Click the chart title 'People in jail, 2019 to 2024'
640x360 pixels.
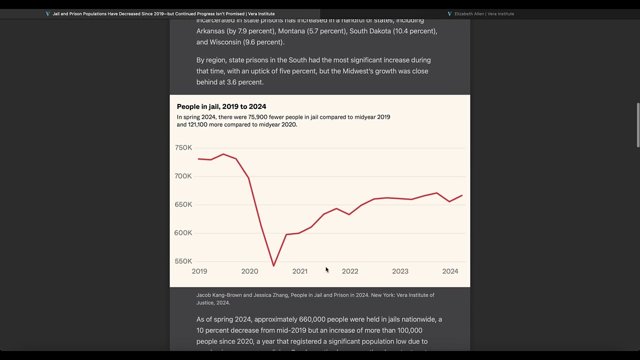point(221,106)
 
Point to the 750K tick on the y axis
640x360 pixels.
point(183,148)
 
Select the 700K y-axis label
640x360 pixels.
point(183,176)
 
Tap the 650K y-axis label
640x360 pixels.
point(183,204)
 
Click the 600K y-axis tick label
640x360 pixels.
point(183,233)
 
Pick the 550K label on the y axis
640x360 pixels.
point(183,261)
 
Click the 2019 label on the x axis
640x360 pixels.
point(199,271)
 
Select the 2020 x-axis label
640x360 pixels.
point(249,271)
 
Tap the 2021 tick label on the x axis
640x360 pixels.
point(300,271)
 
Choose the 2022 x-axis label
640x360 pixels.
point(350,271)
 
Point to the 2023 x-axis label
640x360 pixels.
point(400,271)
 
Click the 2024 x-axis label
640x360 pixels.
point(450,271)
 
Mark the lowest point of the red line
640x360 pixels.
point(273,265)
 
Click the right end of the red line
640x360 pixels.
point(462,195)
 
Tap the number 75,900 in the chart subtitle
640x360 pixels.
point(258,117)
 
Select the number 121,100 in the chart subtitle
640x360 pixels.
point(197,124)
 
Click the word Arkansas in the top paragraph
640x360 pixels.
point(210,31)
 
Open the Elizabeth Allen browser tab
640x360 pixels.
point(483,14)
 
